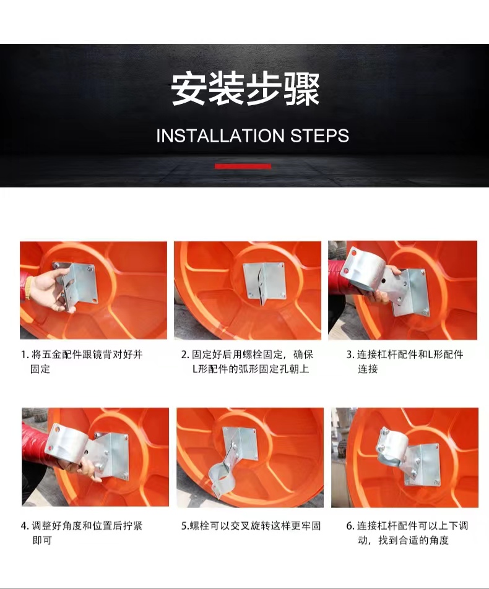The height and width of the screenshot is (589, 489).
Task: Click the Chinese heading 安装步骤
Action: pyautogui.click(x=245, y=89)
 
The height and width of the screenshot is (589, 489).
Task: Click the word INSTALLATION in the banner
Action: pyautogui.click(x=220, y=135)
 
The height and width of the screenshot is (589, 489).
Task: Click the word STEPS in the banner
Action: pyautogui.click(x=320, y=135)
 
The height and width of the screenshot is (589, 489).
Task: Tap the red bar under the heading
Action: pyautogui.click(x=243, y=166)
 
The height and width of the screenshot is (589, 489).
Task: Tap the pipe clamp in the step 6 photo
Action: pyautogui.click(x=391, y=447)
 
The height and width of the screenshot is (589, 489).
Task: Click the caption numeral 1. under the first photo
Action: pyautogui.click(x=25, y=355)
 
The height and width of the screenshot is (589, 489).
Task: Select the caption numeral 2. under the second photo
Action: pyautogui.click(x=185, y=355)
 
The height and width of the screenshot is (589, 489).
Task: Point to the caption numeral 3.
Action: pyautogui.click(x=350, y=355)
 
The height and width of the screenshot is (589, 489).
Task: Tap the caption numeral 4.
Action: pyautogui.click(x=25, y=526)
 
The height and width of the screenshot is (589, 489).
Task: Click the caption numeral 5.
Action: pyautogui.click(x=185, y=526)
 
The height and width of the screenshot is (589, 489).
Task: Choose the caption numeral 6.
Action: pyautogui.click(x=350, y=526)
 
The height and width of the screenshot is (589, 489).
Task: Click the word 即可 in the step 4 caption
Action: pyautogui.click(x=41, y=541)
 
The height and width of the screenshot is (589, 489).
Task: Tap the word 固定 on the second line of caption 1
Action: pyautogui.click(x=40, y=369)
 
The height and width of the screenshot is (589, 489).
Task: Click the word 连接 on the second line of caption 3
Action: pyautogui.click(x=367, y=369)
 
